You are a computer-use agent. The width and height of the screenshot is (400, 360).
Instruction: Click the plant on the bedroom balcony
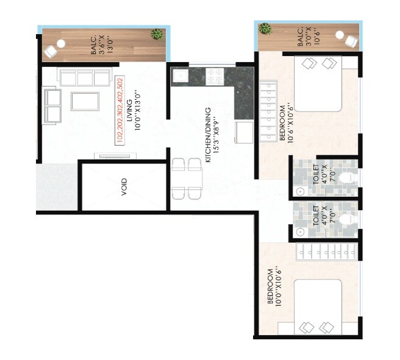tap(265, 28)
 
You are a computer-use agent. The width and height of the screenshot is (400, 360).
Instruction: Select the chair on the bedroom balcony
tap(349, 40)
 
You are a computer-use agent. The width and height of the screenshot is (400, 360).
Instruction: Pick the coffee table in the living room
tap(85, 101)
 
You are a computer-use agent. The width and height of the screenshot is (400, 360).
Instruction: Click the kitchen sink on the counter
tap(179, 76)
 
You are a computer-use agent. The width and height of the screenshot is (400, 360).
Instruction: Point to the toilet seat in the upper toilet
tap(345, 178)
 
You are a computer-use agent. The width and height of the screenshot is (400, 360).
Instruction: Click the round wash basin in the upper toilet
tap(300, 191)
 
